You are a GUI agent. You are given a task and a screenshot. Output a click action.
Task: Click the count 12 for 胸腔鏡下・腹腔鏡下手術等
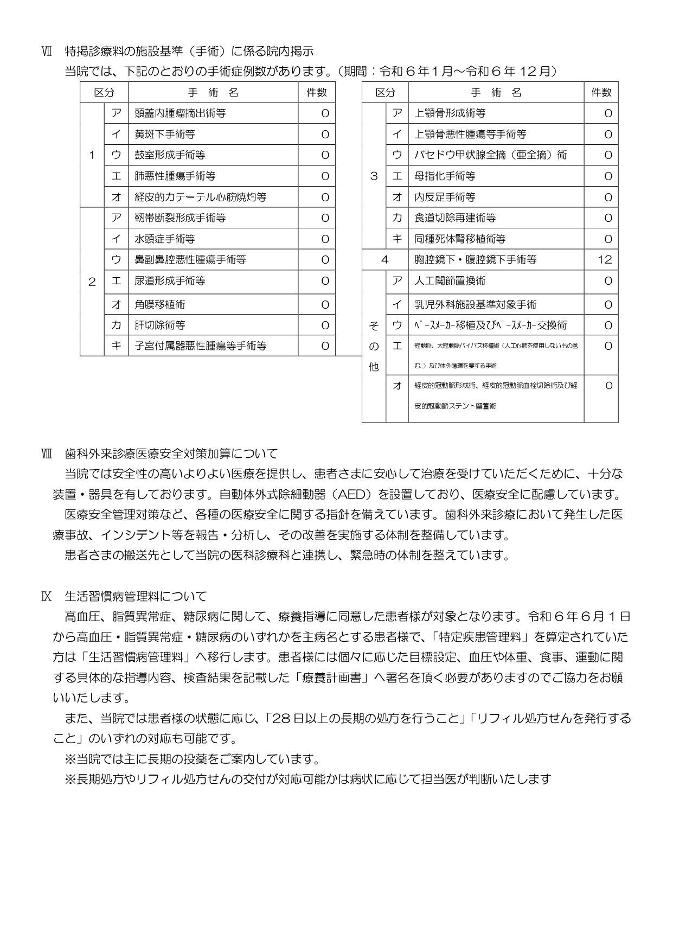604,260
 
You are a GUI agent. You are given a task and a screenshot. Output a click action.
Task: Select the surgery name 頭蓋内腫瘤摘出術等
180,113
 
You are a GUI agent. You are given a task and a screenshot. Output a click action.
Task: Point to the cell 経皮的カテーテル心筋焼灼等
200,197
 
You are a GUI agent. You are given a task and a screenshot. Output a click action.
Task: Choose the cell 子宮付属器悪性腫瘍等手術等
200,346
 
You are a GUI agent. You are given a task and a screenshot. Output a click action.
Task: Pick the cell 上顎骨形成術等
450,113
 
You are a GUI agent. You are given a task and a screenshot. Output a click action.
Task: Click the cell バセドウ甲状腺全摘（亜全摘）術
490,155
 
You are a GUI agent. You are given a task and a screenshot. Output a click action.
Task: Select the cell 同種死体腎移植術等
460,239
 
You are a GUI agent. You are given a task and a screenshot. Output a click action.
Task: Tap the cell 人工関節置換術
450,281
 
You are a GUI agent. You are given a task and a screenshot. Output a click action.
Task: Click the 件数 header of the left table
317,93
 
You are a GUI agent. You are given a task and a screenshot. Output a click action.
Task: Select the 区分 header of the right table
385,93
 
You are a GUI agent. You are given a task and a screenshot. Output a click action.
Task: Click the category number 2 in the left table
92,282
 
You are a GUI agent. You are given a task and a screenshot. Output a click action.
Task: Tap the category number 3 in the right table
373,176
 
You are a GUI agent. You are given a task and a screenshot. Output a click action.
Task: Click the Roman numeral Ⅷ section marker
47,453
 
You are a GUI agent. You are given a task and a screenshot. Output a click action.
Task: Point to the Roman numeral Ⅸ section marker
47,597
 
